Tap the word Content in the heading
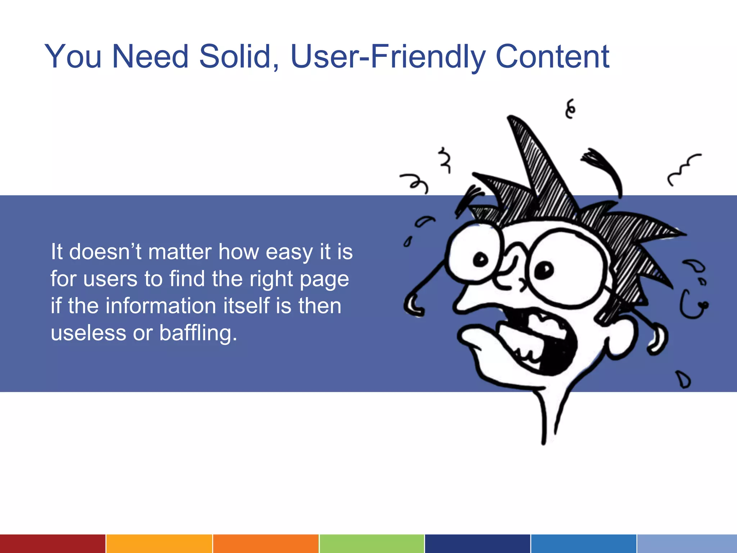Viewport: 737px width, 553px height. [552, 57]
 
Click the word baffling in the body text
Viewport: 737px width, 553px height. [198, 333]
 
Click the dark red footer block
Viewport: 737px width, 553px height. [53, 544]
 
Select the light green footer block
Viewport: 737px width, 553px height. [371, 544]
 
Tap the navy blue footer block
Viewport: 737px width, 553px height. [477, 544]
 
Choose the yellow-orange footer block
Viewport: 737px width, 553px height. [159, 544]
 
